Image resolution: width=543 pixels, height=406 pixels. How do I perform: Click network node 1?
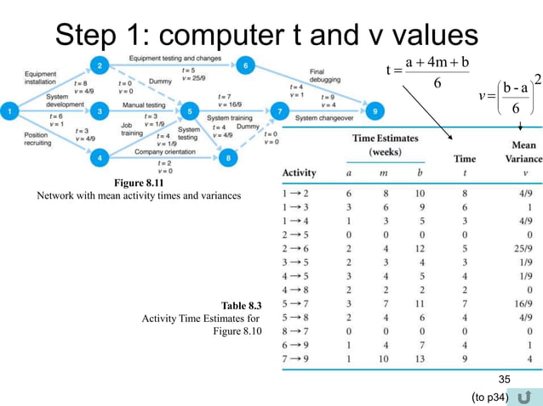point(10,110)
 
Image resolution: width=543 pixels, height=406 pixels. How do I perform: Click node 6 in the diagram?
point(245,65)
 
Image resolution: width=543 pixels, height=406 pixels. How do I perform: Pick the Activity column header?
point(298,172)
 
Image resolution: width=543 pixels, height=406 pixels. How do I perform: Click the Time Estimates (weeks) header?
point(385,144)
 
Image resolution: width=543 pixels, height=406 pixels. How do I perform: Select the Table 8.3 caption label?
point(241,303)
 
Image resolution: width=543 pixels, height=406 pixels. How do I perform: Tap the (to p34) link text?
point(489,397)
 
